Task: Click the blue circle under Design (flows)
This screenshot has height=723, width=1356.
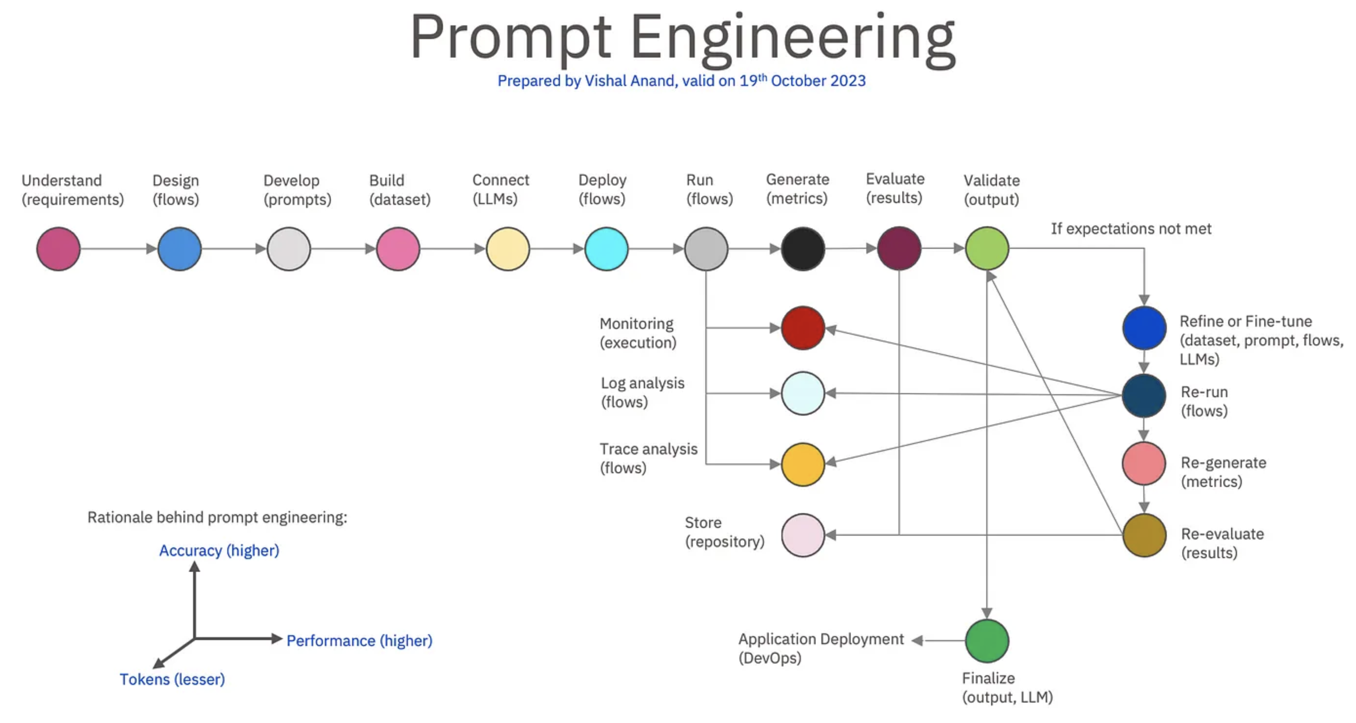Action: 179,248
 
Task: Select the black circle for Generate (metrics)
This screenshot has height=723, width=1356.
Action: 802,248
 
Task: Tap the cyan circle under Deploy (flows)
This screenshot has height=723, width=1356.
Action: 606,248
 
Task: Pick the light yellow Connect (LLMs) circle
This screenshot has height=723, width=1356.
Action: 507,248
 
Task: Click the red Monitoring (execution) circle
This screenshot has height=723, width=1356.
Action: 802,328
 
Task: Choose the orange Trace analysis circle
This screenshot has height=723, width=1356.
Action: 802,464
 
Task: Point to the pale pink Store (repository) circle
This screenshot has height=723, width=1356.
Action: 802,535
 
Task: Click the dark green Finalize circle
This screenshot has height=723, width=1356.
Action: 986,641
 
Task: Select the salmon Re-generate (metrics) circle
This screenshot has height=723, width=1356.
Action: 1143,463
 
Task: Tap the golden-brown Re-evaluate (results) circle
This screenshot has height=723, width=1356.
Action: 1143,535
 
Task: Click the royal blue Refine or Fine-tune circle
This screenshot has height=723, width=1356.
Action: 1143,327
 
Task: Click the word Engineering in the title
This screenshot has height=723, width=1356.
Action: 792,38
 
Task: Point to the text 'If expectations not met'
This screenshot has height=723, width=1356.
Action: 1131,228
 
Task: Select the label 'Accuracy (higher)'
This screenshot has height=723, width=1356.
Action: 219,550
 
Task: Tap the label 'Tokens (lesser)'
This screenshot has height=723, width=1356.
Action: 172,679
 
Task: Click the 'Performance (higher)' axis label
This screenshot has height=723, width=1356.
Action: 359,641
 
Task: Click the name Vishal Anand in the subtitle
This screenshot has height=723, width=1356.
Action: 630,80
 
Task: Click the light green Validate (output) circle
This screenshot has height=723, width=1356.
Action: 986,248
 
